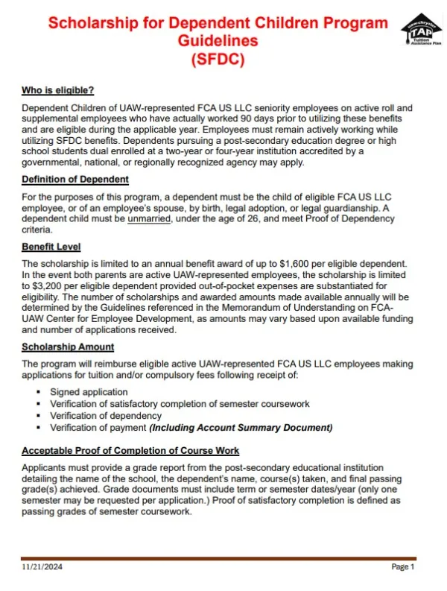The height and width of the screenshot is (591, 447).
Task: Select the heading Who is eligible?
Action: (x=57, y=91)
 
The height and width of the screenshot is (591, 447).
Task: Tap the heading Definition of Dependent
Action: (x=75, y=179)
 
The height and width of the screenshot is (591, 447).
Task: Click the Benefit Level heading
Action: (x=51, y=247)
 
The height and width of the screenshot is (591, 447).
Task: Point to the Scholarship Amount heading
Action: (x=68, y=347)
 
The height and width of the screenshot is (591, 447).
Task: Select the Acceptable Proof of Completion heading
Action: (x=130, y=450)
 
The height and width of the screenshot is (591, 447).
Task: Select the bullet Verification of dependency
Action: (x=106, y=415)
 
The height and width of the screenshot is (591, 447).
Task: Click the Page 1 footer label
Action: (x=402, y=568)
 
